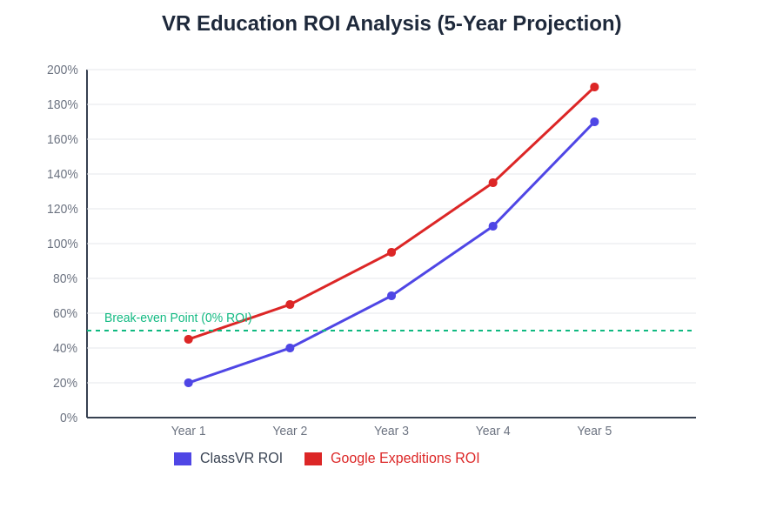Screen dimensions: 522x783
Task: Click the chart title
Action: tap(391, 23)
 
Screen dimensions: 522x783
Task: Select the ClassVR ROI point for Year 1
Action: tap(189, 383)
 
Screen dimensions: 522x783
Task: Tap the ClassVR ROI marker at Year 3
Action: tap(391, 296)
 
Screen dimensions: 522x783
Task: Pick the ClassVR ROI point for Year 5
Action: tap(594, 122)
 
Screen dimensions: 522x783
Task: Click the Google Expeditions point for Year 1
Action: tap(189, 339)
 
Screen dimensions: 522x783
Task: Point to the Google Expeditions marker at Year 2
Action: tap(290, 304)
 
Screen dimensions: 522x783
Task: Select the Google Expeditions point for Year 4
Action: tap(493, 183)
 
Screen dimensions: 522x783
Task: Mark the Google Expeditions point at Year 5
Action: tap(594, 87)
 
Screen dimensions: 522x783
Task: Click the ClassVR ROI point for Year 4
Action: tap(493, 226)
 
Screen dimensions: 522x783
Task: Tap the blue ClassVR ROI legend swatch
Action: tap(183, 458)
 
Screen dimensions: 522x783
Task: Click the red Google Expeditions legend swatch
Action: tap(313, 458)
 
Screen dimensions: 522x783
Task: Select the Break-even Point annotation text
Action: tap(177, 318)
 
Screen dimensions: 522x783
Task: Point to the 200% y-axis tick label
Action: tap(63, 70)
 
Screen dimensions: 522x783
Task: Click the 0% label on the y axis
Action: tap(69, 418)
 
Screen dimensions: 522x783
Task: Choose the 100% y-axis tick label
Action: tap(63, 244)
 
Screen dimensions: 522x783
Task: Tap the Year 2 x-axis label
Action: tap(290, 431)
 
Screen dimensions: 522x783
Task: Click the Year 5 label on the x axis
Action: tap(594, 431)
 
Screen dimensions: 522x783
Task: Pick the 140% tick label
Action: tap(63, 174)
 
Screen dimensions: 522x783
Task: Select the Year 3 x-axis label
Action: tap(391, 431)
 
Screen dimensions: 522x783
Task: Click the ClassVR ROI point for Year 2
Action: tap(290, 348)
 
